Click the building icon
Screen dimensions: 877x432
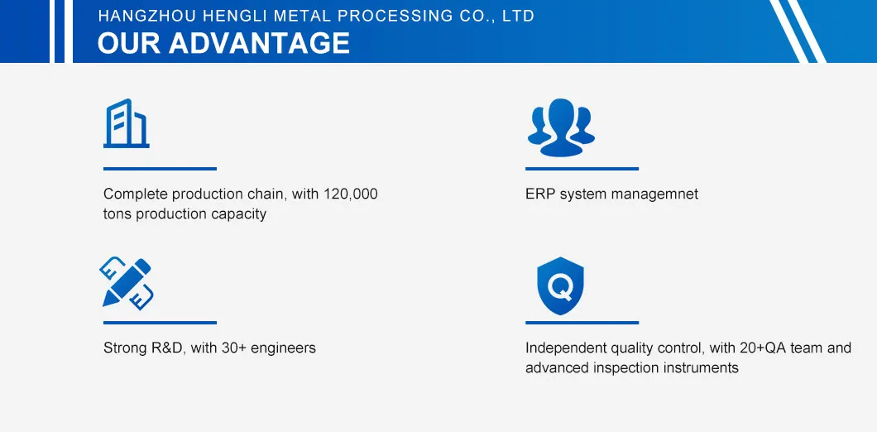pyautogui.click(x=127, y=123)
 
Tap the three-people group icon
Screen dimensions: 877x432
pyautogui.click(x=561, y=127)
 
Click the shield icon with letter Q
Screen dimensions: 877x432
pyautogui.click(x=560, y=286)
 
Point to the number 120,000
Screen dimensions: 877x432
pyautogui.click(x=351, y=194)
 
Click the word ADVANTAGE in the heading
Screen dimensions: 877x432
pyautogui.click(x=259, y=43)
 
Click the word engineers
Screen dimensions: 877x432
pyautogui.click(x=283, y=348)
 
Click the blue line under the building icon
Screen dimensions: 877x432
pyautogui.click(x=160, y=169)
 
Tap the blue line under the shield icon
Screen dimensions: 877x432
pyautogui.click(x=582, y=323)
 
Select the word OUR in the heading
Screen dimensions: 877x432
pyautogui.click(x=130, y=43)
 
